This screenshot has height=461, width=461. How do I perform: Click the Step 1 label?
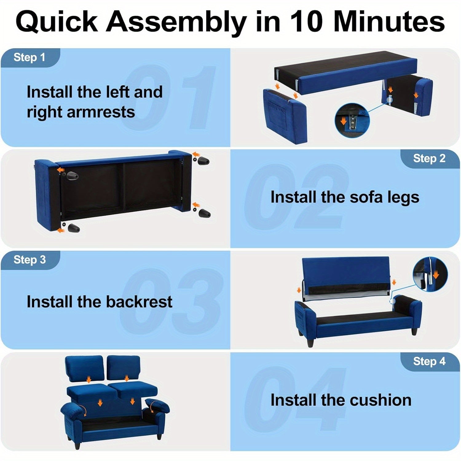click(x=30, y=57)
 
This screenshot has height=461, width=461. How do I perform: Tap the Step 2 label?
click(x=429, y=159)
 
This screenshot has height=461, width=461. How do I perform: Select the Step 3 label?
click(x=30, y=260)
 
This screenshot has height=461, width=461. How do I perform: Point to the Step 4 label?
click(x=429, y=361)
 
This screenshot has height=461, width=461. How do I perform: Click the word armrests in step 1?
click(x=101, y=112)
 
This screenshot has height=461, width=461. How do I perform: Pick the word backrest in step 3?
click(x=140, y=301)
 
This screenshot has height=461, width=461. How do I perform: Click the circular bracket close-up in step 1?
click(x=352, y=120)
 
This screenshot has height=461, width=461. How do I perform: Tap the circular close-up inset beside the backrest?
click(x=430, y=274)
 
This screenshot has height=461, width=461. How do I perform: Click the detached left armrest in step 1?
click(x=285, y=116)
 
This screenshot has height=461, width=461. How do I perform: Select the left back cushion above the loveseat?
click(x=84, y=369)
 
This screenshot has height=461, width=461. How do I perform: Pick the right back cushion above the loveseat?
click(x=123, y=368)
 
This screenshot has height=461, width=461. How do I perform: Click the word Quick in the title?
click(x=57, y=22)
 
